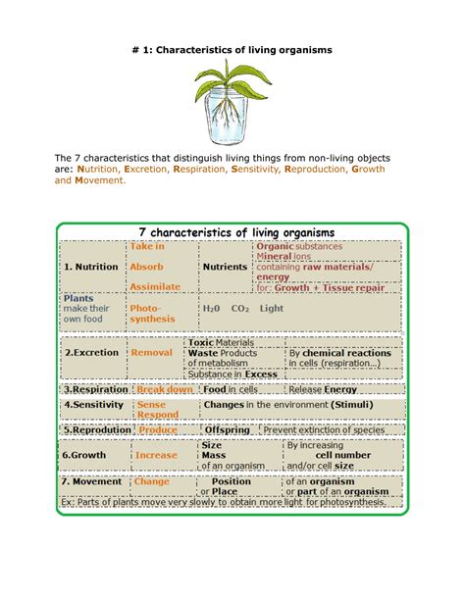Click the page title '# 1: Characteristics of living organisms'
[232, 49]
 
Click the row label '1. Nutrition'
[91, 266]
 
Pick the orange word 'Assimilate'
[155, 286]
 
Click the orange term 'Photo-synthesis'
[151, 313]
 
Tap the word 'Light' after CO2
[272, 307]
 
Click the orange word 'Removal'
[152, 353]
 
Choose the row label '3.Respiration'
[95, 388]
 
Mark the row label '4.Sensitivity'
[95, 404]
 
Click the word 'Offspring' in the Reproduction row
[229, 429]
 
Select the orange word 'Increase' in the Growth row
[156, 455]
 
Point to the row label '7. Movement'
[92, 481]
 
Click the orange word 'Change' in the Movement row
[152, 481]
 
